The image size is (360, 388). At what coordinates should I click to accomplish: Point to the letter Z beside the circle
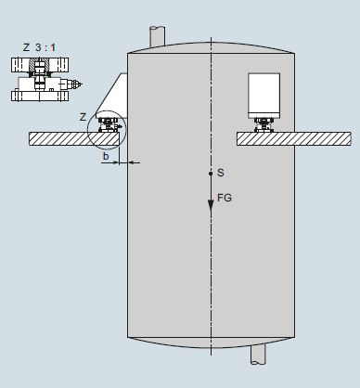pyautogui.click(x=84, y=116)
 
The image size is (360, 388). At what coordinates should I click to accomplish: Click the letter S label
pyautogui.click(x=220, y=174)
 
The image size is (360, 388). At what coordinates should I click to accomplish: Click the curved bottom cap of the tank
pyautogui.click(x=211, y=343)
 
